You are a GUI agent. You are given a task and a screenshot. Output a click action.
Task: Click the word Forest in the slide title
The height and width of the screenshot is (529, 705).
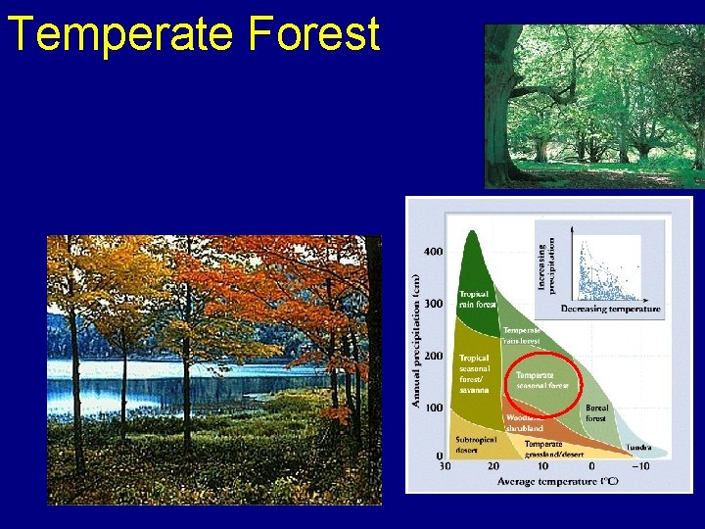pyautogui.click(x=313, y=33)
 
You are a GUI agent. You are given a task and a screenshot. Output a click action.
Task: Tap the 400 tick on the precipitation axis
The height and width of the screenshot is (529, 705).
pyautogui.click(x=432, y=252)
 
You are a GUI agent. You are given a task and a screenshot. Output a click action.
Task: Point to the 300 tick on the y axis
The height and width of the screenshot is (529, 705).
pyautogui.click(x=432, y=304)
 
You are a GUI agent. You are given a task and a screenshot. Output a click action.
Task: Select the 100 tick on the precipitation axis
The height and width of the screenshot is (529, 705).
pyautogui.click(x=432, y=408)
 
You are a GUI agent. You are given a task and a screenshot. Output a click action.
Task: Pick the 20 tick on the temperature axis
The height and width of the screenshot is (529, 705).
pyautogui.click(x=493, y=466)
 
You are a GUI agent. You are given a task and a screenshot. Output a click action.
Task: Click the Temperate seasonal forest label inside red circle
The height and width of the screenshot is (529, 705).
pyautogui.click(x=541, y=380)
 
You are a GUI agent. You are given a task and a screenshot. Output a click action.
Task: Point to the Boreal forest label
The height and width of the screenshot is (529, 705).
pyautogui.click(x=596, y=412)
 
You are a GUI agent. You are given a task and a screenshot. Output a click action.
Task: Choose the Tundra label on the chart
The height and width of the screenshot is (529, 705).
pyautogui.click(x=638, y=448)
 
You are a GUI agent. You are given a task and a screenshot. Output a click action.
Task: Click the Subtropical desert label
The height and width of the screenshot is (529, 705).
pyautogui.click(x=476, y=445)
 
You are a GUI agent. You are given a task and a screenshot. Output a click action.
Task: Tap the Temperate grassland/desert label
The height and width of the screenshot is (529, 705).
pyautogui.click(x=553, y=449)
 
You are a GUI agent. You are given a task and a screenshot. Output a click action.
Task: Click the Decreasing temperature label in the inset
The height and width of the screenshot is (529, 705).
pyautogui.click(x=610, y=309)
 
